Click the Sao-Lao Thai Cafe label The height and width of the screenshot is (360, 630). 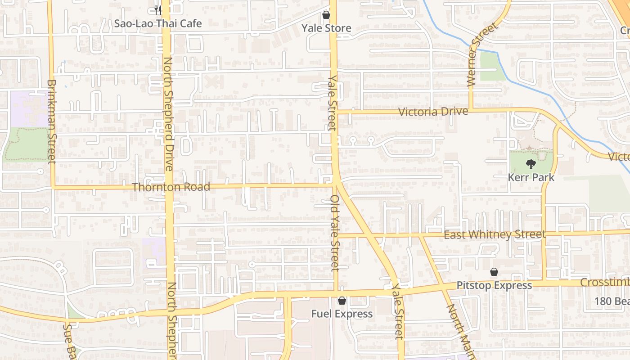157,23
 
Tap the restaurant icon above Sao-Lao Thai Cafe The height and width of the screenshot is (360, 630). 157,9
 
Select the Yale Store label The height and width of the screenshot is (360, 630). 326,28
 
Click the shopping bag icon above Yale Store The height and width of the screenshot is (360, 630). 326,15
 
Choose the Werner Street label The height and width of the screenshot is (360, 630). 483,54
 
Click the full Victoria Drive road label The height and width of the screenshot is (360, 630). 433,111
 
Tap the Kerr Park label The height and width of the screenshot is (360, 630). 531,177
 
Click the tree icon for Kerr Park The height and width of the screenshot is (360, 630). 531,164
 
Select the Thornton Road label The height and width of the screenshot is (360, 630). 171,187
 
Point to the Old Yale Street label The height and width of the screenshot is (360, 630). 334,233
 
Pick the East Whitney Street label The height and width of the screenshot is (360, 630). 495,234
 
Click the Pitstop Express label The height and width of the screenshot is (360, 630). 494,286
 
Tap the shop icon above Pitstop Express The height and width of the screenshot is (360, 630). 494,272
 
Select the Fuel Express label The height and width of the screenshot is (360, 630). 342,314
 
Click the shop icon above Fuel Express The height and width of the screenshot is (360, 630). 342,301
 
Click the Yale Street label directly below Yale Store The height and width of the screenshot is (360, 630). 333,103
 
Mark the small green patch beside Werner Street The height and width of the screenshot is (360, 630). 492,66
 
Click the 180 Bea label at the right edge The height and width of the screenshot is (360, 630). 612,301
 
